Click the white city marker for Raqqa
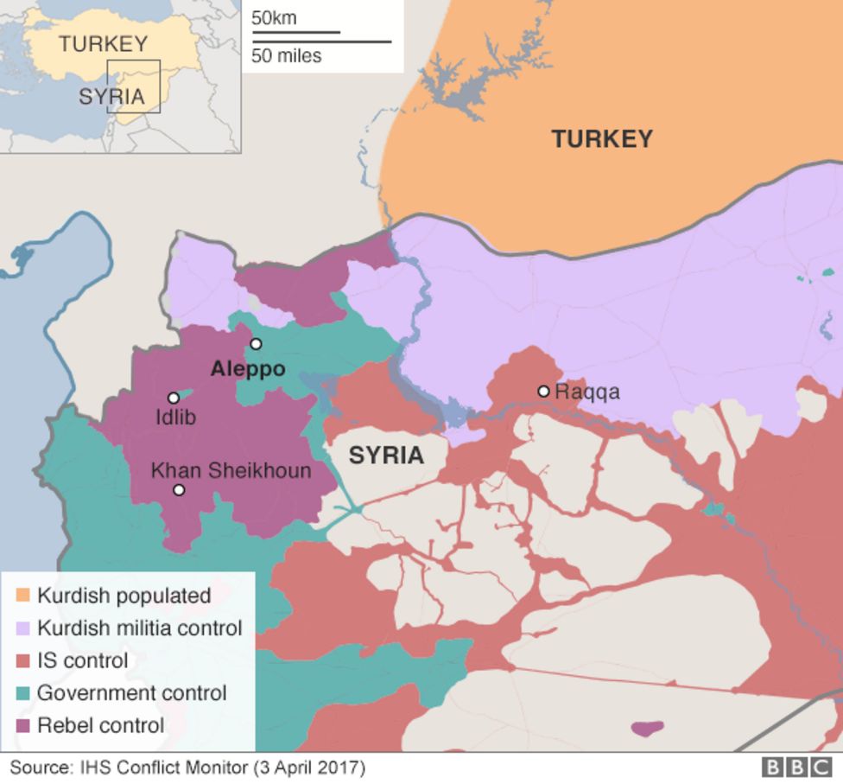pos(543,391)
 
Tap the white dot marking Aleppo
pos(256,344)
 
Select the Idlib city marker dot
pos(174,398)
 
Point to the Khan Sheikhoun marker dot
pos(179,490)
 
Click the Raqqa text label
pos(587,392)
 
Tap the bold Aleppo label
pos(248,369)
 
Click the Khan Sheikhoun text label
pos(231,470)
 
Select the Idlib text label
pos(175,417)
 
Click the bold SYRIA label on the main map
pos(386,456)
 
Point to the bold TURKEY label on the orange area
pos(602,139)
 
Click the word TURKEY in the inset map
pos(104,43)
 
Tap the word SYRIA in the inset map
pos(111,97)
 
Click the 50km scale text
pos(274,17)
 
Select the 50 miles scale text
pos(287,56)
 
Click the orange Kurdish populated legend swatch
pos(22,596)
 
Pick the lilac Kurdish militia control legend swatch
pos(22,628)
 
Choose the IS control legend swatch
pos(22,661)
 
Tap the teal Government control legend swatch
pos(22,693)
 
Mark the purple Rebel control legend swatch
pos(22,725)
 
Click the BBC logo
pos(796,767)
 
